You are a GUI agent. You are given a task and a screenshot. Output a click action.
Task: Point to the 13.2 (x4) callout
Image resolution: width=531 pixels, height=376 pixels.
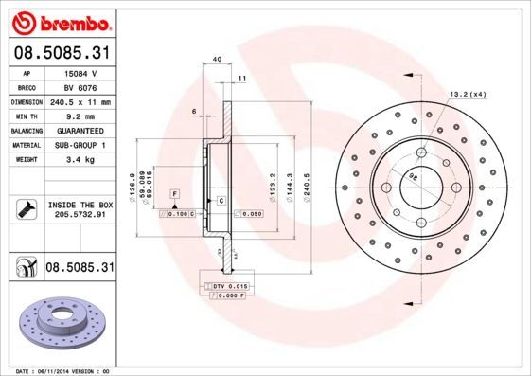tap(467, 93)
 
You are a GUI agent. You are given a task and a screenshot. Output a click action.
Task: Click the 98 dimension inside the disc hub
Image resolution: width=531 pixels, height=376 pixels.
tap(413, 176)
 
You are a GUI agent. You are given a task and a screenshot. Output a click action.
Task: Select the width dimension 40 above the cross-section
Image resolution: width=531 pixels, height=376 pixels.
tap(217, 60)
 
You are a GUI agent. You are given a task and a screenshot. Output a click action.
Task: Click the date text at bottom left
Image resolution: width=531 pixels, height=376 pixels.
tap(58, 370)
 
